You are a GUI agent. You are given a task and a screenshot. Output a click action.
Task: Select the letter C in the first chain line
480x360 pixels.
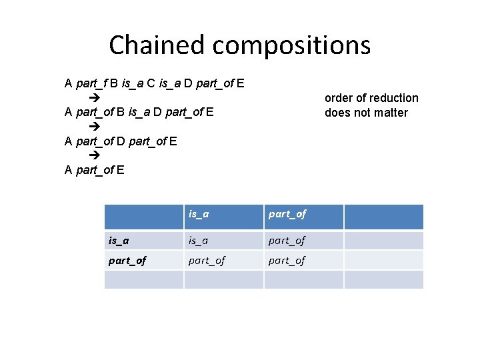[151, 84]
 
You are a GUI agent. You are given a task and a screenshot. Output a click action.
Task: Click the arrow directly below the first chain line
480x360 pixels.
[93, 97]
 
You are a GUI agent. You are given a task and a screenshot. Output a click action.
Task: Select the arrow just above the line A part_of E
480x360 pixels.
[93, 155]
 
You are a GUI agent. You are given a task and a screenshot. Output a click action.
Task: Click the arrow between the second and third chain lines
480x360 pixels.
[93, 126]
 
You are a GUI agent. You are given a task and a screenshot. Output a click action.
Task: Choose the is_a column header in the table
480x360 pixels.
[198, 214]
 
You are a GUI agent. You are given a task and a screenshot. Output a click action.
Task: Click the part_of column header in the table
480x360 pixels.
[287, 214]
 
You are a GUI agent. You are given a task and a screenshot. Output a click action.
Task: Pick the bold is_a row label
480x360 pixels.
[118, 240]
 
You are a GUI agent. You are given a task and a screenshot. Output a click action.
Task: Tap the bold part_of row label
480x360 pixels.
[127, 260]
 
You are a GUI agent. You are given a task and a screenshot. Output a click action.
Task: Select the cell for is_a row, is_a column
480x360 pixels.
[198, 240]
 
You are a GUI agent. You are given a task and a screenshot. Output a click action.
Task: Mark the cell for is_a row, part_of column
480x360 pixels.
[287, 240]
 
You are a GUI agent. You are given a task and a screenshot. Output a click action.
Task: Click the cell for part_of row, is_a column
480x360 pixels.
[207, 260]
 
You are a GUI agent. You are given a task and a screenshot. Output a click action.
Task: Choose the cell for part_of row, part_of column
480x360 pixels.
[287, 260]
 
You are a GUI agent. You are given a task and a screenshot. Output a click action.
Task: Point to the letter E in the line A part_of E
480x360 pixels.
[120, 170]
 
